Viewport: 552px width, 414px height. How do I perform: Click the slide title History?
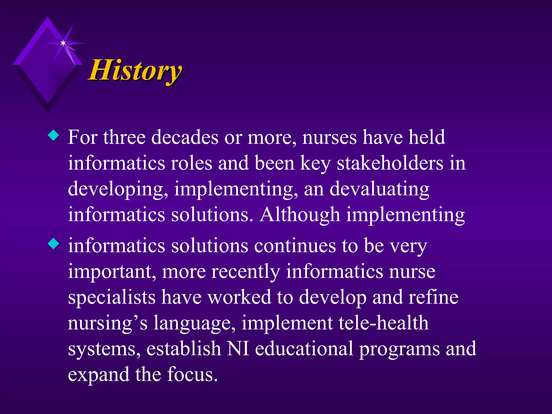click(135, 71)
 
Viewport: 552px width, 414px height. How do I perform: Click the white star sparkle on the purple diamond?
click(63, 43)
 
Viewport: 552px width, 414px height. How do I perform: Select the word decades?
click(185, 137)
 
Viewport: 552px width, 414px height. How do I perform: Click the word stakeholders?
click(390, 163)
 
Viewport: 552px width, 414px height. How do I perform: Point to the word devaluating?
click(379, 189)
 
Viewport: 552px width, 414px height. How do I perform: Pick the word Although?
click(300, 215)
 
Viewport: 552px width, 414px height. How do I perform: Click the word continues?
click(295, 246)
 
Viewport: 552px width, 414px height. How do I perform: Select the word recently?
click(246, 272)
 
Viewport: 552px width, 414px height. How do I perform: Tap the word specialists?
click(112, 298)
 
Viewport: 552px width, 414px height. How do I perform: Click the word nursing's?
click(107, 323)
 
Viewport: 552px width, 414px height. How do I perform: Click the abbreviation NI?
click(238, 349)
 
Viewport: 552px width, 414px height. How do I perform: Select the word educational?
click(304, 349)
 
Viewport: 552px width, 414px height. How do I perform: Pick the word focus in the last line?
click(192, 375)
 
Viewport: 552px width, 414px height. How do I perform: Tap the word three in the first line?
click(124, 137)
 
